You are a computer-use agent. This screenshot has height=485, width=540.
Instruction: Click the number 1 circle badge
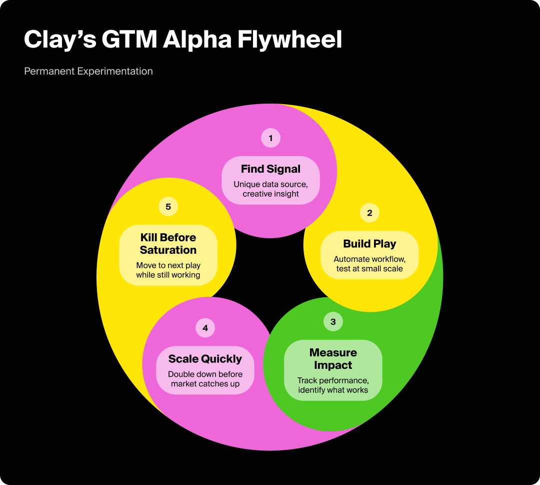point(270,138)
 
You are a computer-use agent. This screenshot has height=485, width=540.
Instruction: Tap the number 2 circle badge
point(369,213)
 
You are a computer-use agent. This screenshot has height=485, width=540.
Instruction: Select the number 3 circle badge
point(333,321)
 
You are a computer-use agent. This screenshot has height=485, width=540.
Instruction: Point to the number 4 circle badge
point(205,328)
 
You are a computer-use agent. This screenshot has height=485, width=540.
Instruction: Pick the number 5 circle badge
point(168,207)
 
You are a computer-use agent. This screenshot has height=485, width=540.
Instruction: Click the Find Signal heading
point(270,169)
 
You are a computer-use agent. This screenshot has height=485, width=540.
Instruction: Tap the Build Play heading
point(369,244)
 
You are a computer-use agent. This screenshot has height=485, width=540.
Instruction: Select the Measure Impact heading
point(333,359)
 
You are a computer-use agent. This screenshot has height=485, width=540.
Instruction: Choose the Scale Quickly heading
point(205,359)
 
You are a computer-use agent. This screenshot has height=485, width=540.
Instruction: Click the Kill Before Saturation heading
point(168,244)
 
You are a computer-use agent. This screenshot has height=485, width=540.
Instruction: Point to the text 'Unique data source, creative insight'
point(270,189)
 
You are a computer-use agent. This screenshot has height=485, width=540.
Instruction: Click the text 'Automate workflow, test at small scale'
point(369,264)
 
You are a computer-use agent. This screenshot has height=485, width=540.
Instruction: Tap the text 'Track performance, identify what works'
point(333,385)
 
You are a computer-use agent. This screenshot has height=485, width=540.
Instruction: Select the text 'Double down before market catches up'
point(205,379)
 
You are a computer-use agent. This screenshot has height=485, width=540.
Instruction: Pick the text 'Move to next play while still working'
point(168,270)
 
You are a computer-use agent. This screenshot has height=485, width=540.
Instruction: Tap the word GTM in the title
point(128,40)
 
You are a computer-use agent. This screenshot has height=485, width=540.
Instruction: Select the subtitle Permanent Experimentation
point(88,71)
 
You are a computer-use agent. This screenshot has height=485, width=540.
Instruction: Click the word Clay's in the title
point(60,40)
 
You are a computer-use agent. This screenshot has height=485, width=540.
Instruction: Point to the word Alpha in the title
point(197,40)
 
